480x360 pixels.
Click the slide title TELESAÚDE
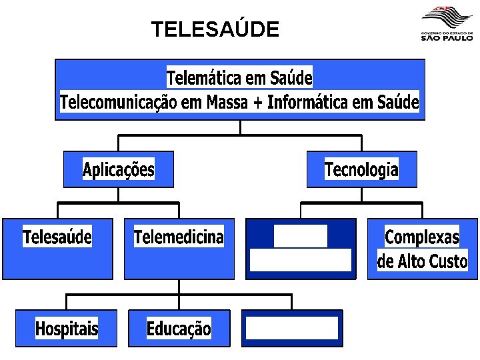click(215, 30)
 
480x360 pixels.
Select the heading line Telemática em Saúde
click(239, 78)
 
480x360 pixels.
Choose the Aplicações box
click(119, 169)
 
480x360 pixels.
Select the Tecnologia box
click(361, 169)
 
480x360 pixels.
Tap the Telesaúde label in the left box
click(57, 237)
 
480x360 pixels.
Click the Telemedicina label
click(179, 237)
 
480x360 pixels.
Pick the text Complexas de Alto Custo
click(423, 249)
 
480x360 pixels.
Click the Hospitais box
click(67, 329)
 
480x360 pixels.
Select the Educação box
click(179, 329)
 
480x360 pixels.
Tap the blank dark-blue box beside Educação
click(291, 329)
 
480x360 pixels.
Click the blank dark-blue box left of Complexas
click(300, 249)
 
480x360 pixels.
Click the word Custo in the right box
click(449, 261)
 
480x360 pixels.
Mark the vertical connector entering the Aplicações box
click(119, 143)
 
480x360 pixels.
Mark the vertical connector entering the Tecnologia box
click(361, 143)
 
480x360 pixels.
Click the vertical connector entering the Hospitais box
click(67, 301)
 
